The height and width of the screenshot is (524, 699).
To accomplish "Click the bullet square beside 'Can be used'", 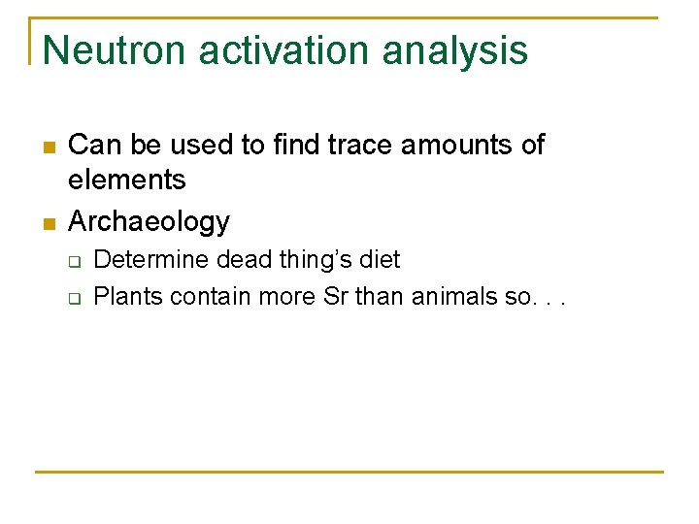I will coord(47,147).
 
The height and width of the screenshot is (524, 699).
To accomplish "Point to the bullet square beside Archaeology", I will coord(47,224).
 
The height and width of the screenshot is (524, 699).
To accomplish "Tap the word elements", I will coord(126,180).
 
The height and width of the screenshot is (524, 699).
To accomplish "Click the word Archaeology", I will coord(149,222).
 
